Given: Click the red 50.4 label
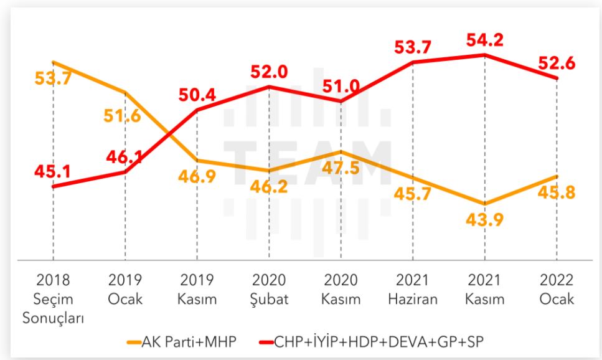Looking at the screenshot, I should click(198, 95).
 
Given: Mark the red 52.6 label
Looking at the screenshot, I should click(557, 64).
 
